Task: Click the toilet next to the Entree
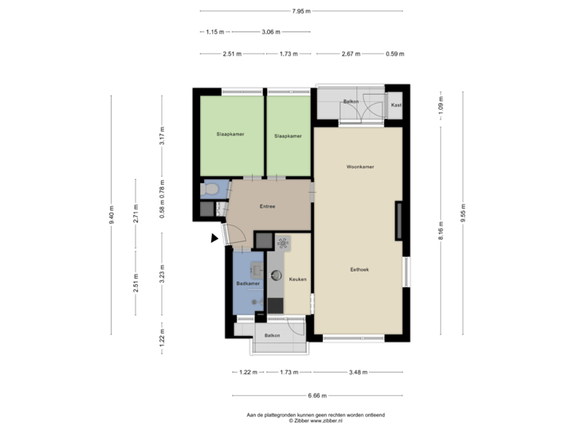(212, 191)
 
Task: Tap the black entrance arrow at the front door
(214, 236)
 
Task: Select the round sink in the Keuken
(276, 276)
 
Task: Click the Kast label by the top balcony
(395, 105)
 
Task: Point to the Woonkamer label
(360, 167)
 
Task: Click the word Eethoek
(360, 270)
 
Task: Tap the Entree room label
(268, 207)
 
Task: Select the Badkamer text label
(248, 283)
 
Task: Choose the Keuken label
(298, 279)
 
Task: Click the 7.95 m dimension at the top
(301, 11)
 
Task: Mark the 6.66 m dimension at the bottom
(317, 394)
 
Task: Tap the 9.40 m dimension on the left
(112, 213)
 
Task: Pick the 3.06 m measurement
(270, 32)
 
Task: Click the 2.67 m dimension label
(352, 54)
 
